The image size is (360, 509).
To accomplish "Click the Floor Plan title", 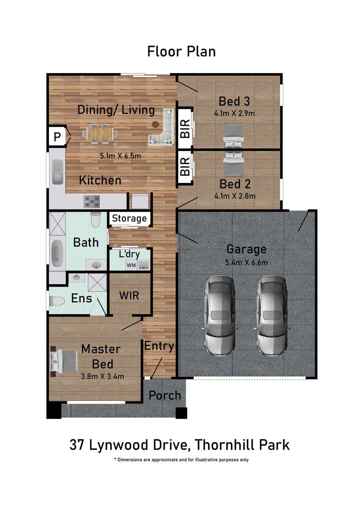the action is tap(181, 52).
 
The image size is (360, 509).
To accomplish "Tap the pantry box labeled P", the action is tap(57, 137).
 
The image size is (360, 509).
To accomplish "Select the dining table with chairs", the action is tap(100, 134).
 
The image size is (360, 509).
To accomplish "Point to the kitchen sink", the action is tap(58, 172).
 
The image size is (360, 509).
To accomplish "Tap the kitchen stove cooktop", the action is tap(91, 202).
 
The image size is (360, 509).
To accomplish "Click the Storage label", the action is tap(129, 218).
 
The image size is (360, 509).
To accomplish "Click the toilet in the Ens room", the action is tap(57, 301).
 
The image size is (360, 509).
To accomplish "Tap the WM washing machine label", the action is tap(131, 265).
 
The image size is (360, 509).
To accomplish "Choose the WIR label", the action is tap(129, 295).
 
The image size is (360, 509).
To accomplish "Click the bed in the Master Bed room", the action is tap(64, 361).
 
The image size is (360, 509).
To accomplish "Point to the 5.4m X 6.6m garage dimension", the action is tap(247, 263).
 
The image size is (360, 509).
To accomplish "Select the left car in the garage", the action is tap(220, 316).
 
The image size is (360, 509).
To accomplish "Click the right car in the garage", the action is tap(272, 316).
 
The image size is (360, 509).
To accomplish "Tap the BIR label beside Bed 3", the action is tap(185, 128).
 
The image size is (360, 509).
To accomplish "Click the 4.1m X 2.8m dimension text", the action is tap(235, 196).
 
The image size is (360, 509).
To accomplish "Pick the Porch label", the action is tap(165, 395).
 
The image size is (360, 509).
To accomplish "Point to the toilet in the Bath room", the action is tap(96, 219).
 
